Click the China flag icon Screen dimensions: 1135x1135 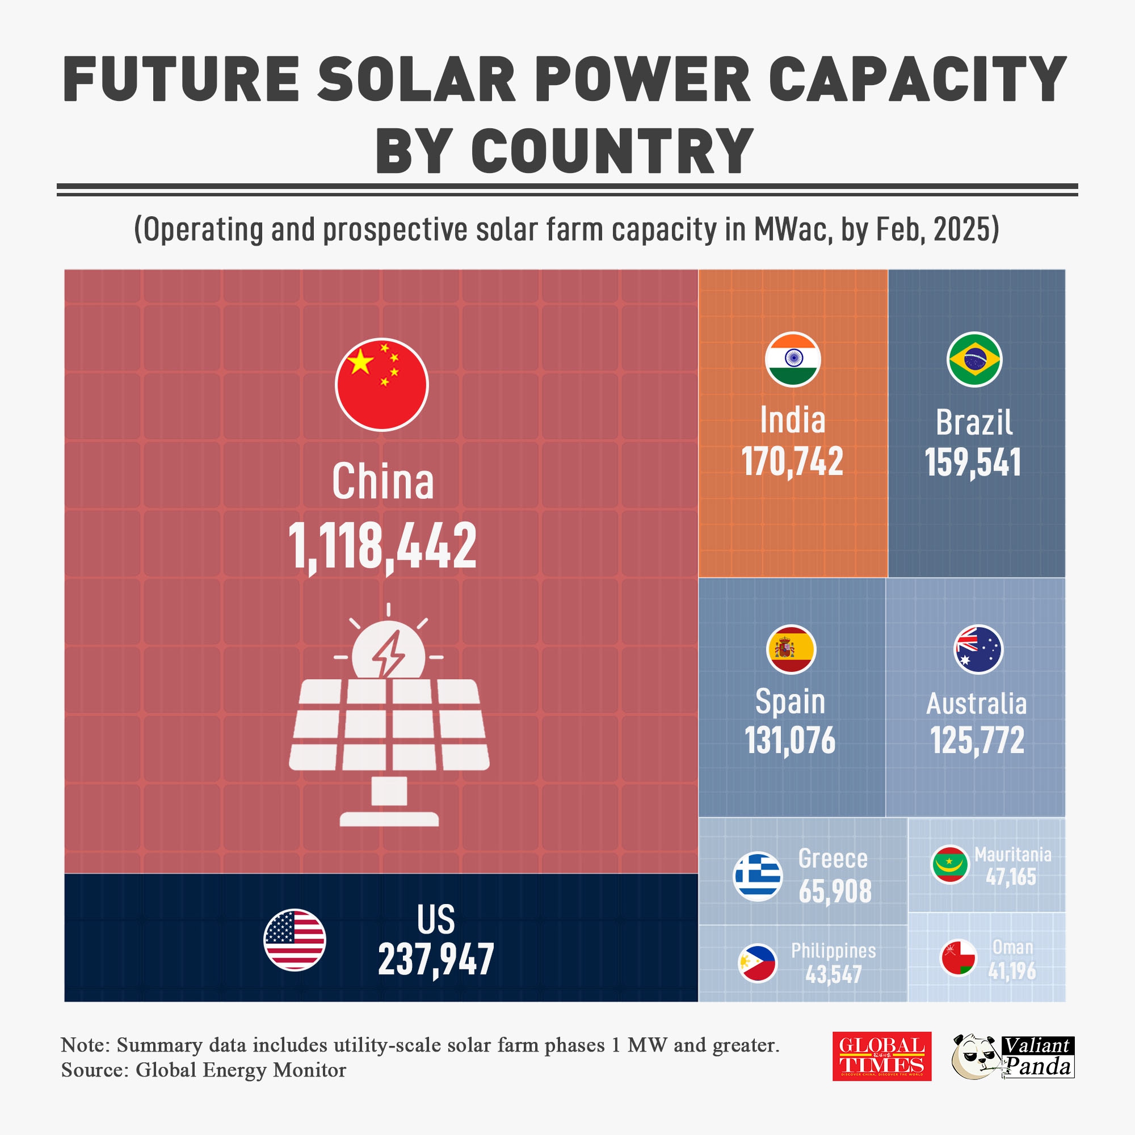point(382,384)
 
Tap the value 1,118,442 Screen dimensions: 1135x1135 point(382,546)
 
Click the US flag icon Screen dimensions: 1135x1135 point(295,939)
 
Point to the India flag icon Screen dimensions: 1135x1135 point(792,359)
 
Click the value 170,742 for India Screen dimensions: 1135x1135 point(792,461)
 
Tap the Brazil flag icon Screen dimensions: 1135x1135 point(974,359)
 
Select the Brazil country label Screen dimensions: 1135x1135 point(974,422)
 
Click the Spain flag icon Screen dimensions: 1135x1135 point(791,649)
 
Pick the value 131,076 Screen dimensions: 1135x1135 point(790,740)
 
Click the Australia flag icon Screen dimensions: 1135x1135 point(978,649)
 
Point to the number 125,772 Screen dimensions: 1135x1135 point(977,740)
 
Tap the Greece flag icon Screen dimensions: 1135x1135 point(758,876)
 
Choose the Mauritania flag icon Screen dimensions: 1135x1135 point(950,864)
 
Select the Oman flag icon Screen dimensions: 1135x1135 point(958,957)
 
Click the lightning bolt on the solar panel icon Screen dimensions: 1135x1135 point(388,653)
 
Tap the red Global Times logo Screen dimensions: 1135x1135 point(881,1056)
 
